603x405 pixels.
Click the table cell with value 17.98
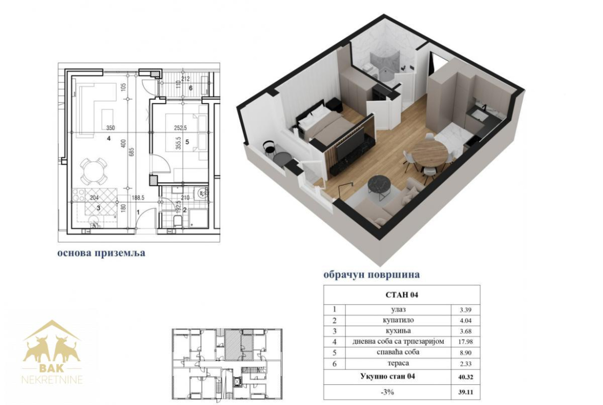point(466,342)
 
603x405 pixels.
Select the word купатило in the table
point(398,320)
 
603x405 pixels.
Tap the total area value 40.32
point(466,377)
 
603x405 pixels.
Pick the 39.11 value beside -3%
point(466,393)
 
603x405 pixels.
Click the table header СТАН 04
point(401,295)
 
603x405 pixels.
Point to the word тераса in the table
point(398,363)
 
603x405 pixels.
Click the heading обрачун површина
point(372,275)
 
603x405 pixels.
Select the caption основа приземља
point(102,253)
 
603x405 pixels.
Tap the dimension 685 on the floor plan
point(131,152)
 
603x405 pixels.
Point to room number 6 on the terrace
point(190,88)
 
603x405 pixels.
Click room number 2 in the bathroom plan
point(185,210)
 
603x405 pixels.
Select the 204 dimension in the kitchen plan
point(94,198)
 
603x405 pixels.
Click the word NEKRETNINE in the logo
point(52,380)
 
